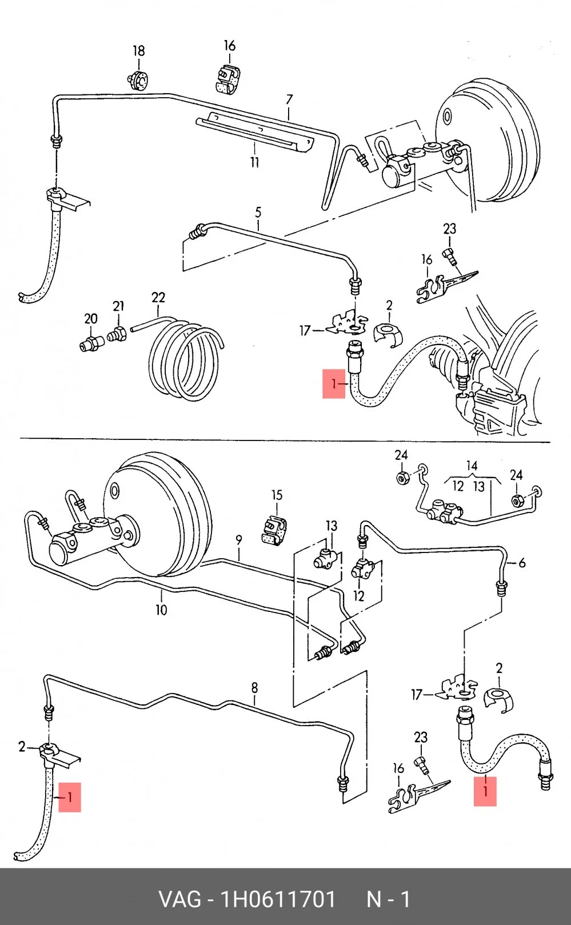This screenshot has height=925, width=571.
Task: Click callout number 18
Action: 139,51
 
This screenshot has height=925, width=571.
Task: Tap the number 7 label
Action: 289,99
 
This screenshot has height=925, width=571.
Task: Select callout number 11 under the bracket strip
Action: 254,162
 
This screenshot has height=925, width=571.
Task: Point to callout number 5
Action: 258,213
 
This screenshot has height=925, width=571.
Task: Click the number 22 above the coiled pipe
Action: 158,297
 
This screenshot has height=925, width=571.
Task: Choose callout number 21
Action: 118,306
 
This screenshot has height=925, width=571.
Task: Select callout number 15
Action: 277,495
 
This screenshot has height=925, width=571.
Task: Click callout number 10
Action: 161,610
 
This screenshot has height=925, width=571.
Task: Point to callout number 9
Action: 239,540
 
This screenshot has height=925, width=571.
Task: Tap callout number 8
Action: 254,687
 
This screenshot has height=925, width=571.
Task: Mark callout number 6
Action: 522,563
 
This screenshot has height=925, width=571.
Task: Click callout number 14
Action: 472,466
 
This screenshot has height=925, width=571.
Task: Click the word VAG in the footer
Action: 180,899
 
